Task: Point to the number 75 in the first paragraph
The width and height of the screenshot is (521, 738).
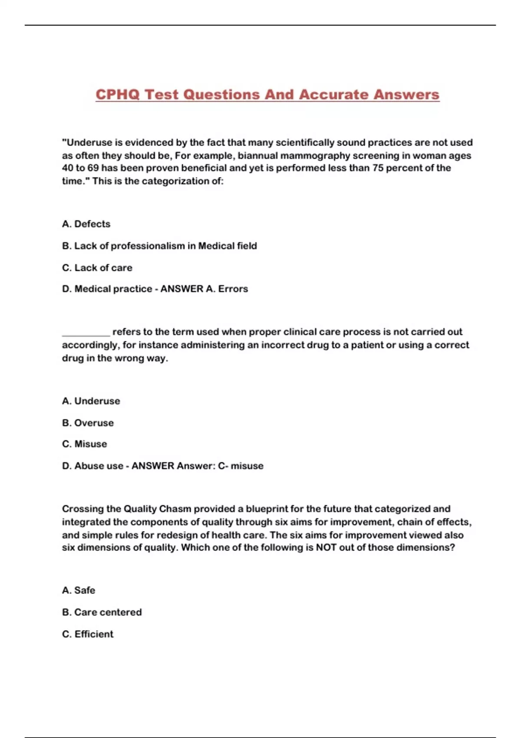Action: [378, 168]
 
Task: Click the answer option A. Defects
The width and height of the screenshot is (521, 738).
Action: [86, 224]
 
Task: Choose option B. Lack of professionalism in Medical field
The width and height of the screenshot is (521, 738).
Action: [159, 246]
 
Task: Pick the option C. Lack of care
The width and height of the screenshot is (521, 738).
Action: [97, 268]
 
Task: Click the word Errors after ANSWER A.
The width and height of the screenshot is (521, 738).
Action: [233, 289]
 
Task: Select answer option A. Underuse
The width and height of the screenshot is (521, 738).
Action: [91, 401]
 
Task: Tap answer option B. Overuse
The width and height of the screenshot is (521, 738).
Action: [88, 423]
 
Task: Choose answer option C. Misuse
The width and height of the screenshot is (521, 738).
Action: [84, 444]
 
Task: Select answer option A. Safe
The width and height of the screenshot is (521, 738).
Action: [79, 590]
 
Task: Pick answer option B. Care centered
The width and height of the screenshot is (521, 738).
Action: [102, 612]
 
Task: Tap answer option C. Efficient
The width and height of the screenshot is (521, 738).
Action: [88, 634]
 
